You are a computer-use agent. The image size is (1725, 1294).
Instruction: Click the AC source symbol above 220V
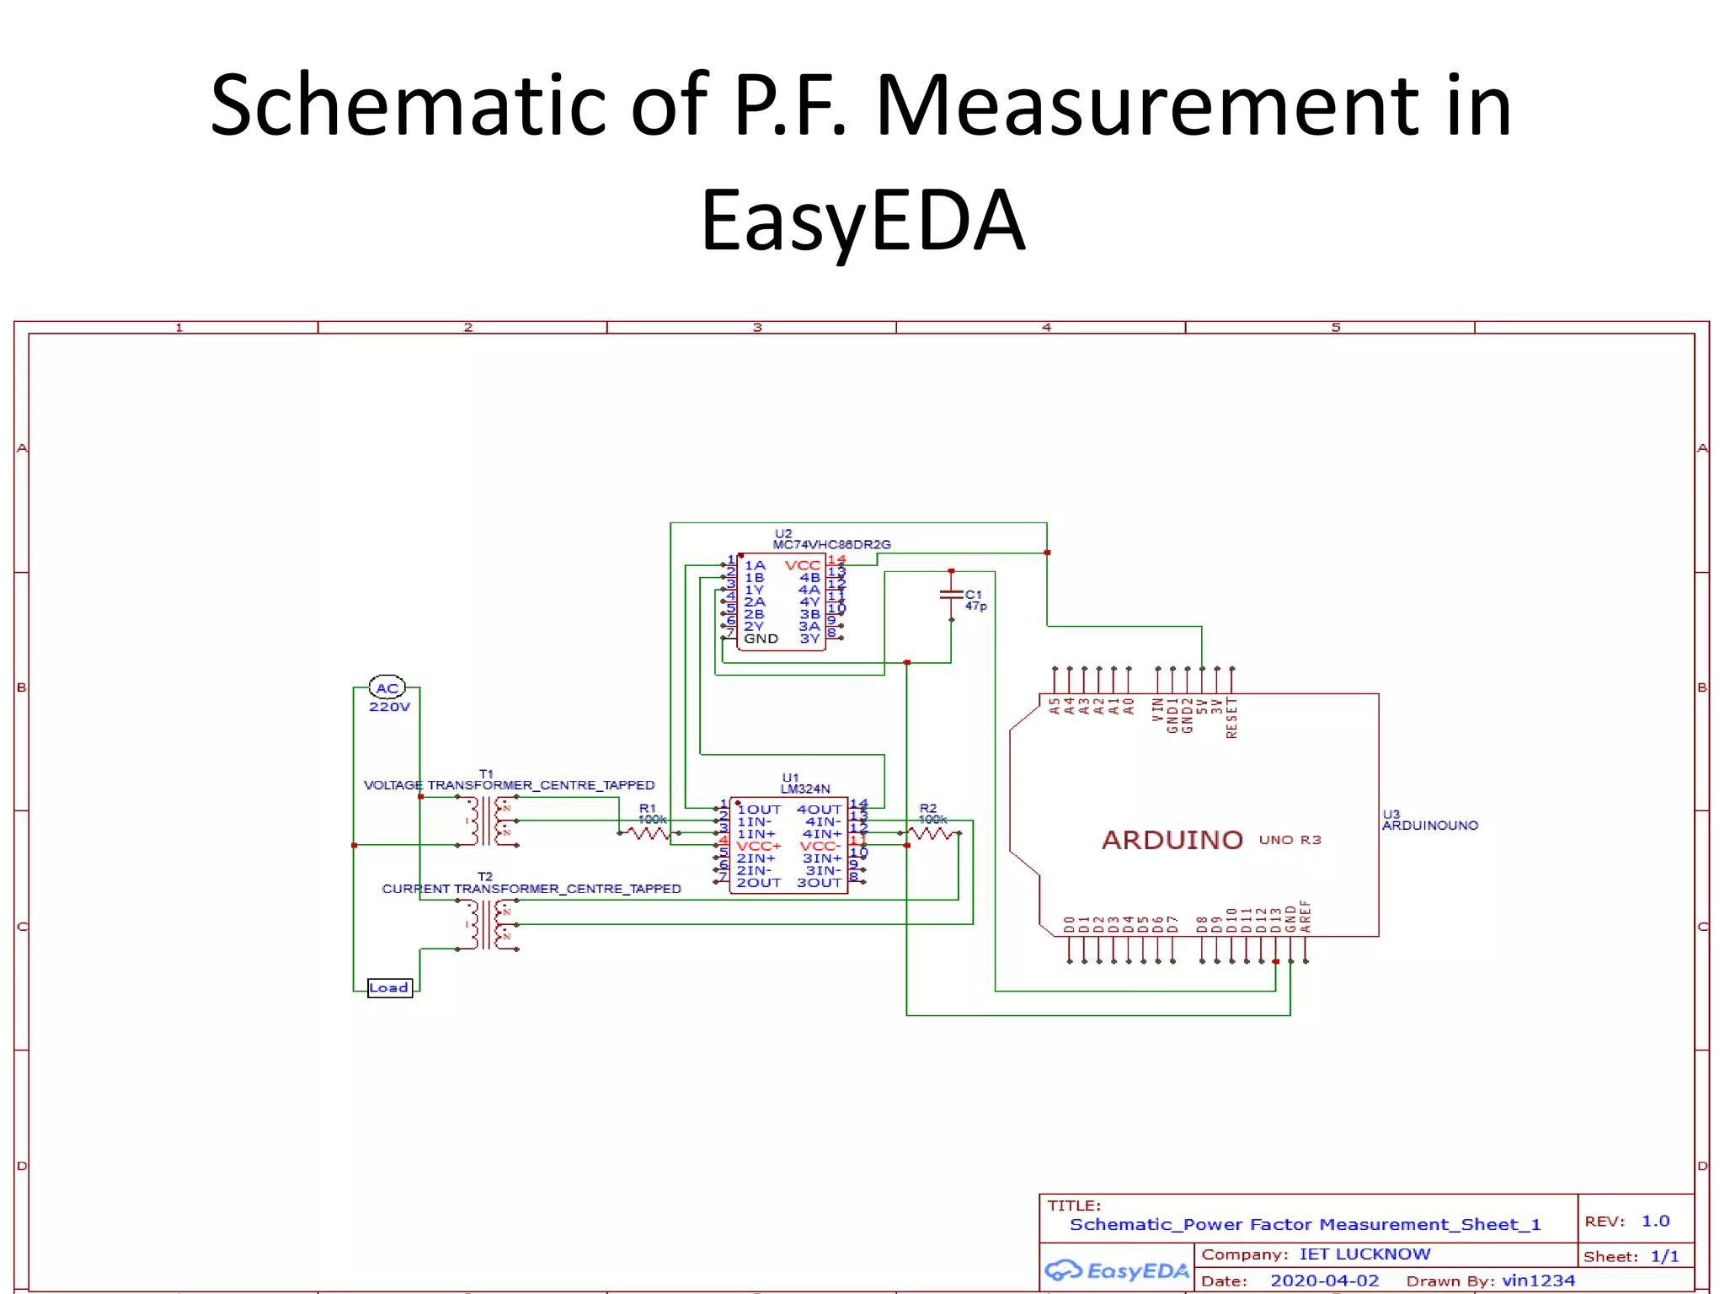coord(387,687)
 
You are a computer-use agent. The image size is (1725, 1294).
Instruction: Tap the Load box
coord(389,987)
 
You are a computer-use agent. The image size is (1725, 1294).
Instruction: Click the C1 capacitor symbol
coord(951,595)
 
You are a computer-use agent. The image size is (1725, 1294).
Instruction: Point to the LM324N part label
coord(805,789)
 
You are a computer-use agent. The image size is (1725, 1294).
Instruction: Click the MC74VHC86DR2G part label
coord(831,545)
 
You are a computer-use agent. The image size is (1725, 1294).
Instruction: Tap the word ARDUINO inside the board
coord(1172,840)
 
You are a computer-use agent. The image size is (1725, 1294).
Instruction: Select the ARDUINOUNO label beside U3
coord(1430,826)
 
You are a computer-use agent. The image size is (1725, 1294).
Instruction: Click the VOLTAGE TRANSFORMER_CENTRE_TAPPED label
coord(509,785)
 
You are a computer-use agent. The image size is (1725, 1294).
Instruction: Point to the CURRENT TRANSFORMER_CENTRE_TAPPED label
coord(531,889)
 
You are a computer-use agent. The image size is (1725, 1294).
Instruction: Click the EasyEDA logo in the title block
coord(1117,1270)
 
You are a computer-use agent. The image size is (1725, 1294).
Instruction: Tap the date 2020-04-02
coord(1324,1281)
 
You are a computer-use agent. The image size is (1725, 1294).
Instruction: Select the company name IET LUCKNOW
coord(1365,1254)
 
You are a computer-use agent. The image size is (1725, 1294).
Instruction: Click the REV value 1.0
coord(1655,1221)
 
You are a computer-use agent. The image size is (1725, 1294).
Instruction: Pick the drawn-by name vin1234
coord(1538,1281)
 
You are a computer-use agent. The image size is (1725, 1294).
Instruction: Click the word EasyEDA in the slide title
coord(862,221)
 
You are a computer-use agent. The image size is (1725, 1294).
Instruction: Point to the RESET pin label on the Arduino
coord(1232,718)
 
